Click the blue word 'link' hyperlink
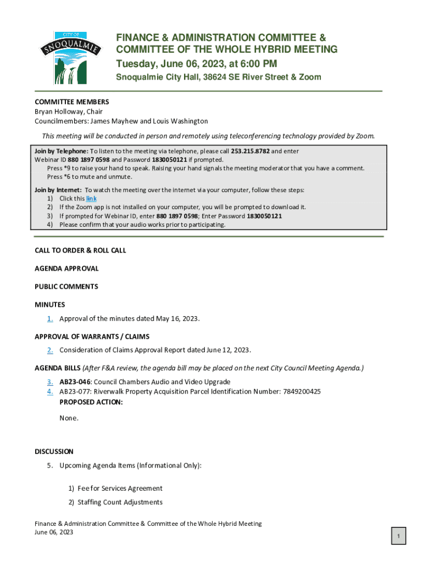pos(91,199)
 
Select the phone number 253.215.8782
pos(250,151)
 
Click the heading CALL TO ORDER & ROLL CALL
pos(80,250)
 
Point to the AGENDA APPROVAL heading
pos(66,268)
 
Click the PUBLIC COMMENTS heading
pos(66,286)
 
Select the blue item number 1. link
pos(50,318)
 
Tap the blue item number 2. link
pos(50,350)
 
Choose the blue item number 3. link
pos(50,381)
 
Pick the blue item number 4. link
pos(50,391)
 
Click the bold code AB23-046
pos(75,381)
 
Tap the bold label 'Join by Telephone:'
pos(61,151)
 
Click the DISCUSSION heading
pos(54,452)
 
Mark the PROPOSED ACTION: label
pos(91,402)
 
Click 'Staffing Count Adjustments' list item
pos(120,502)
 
